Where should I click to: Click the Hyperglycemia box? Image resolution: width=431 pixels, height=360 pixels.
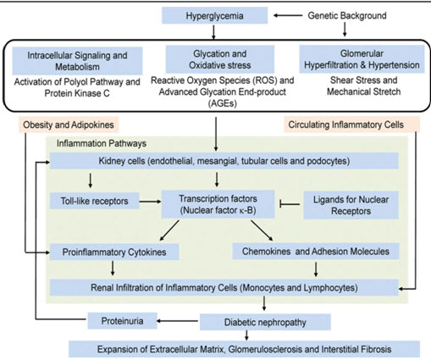(x=214, y=15)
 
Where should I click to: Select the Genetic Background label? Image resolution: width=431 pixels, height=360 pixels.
(x=347, y=15)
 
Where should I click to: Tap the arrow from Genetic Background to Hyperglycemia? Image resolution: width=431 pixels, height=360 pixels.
(x=288, y=15)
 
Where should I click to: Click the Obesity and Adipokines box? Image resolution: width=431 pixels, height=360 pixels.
(x=69, y=125)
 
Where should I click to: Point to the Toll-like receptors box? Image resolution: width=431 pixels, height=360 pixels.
(x=95, y=201)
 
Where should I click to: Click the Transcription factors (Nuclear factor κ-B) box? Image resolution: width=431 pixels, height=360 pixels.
(x=218, y=204)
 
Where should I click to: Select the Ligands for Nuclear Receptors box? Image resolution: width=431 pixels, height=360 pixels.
(x=351, y=205)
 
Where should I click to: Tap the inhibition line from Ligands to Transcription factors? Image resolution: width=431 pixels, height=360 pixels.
(x=290, y=204)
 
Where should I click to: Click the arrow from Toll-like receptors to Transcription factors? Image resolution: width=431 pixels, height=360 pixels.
(x=150, y=202)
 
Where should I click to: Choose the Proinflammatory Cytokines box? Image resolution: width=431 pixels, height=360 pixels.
(x=114, y=252)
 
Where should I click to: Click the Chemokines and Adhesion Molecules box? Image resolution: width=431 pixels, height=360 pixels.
(x=316, y=252)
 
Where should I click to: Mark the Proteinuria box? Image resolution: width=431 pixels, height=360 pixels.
(x=122, y=321)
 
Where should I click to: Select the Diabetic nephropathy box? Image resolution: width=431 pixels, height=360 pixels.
(x=265, y=322)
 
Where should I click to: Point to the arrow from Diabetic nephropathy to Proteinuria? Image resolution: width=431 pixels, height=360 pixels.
(x=178, y=321)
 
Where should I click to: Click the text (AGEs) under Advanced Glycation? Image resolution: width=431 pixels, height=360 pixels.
(x=223, y=103)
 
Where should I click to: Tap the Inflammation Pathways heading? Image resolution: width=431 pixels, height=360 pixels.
(x=102, y=143)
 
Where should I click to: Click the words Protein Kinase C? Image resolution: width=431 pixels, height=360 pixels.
(x=77, y=93)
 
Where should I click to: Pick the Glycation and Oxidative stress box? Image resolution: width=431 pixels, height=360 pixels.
(x=220, y=59)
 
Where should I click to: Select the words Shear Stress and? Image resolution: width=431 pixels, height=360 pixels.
(x=364, y=80)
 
